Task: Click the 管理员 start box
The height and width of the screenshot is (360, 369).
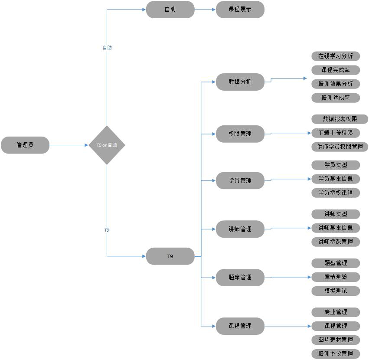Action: (25, 145)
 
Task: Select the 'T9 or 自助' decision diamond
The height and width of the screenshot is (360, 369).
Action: (107, 145)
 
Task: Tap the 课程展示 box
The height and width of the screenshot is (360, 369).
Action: (240, 9)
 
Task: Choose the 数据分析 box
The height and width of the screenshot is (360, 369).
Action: (240, 82)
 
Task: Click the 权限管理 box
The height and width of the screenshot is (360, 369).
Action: (240, 134)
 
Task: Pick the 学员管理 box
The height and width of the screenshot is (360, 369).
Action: (240, 180)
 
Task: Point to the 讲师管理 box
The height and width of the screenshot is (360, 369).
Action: (240, 229)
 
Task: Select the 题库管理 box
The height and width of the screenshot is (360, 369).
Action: (240, 277)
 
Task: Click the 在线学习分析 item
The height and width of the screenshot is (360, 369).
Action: (336, 56)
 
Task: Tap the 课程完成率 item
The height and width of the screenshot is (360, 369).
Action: (336, 70)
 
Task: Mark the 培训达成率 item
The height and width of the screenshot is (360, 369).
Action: (336, 98)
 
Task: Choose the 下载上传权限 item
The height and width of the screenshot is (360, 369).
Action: (336, 133)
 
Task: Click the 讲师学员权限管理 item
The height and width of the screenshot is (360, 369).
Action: (340, 147)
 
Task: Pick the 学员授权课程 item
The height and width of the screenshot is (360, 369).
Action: (336, 193)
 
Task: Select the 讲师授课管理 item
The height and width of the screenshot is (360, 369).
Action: (336, 242)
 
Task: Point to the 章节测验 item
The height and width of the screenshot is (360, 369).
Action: (336, 277)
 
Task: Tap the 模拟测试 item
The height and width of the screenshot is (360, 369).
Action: (336, 291)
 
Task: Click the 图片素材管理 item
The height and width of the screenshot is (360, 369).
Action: (336, 340)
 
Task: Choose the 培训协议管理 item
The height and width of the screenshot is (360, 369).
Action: (336, 353)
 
